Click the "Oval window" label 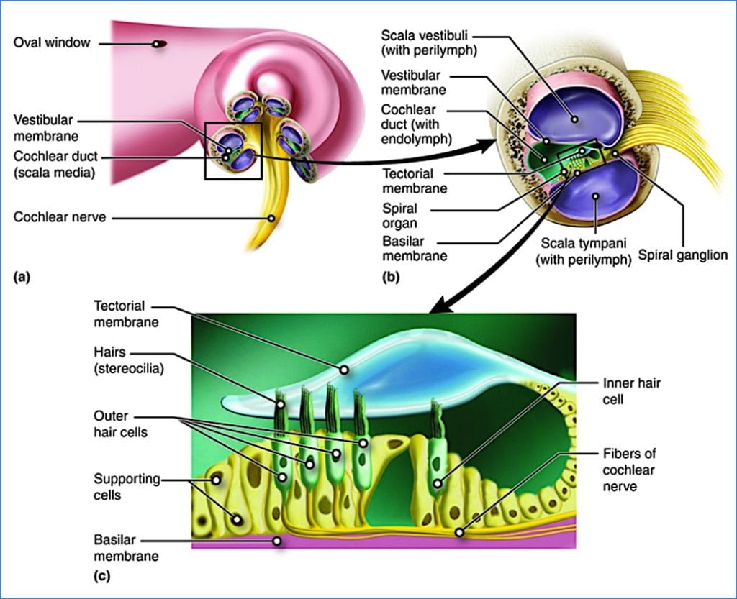click(52, 43)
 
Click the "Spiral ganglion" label click(684, 255)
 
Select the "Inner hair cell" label click(631, 390)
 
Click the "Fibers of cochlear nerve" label click(630, 470)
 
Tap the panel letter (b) click(392, 276)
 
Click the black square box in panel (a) click(233, 150)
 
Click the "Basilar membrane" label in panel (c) click(126, 547)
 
